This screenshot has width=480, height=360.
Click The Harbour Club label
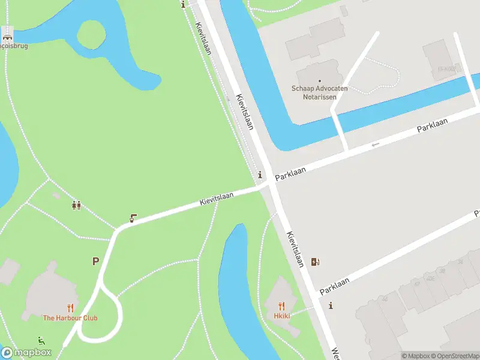70,318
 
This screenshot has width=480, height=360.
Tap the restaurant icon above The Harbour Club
70,308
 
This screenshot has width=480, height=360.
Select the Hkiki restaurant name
282,316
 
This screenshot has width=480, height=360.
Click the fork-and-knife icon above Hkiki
282,306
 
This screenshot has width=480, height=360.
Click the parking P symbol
95,261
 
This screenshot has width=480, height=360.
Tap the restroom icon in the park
76,205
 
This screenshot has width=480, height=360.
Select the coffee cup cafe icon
133,218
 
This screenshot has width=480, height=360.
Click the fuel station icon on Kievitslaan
315,262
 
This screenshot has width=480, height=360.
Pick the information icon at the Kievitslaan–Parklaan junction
259,175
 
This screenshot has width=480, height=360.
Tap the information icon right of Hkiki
331,305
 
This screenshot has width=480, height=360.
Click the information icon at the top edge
184,4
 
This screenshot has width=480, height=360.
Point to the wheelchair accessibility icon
41,341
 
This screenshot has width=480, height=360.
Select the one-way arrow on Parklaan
376,145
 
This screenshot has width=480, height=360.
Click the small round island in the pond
91,35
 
